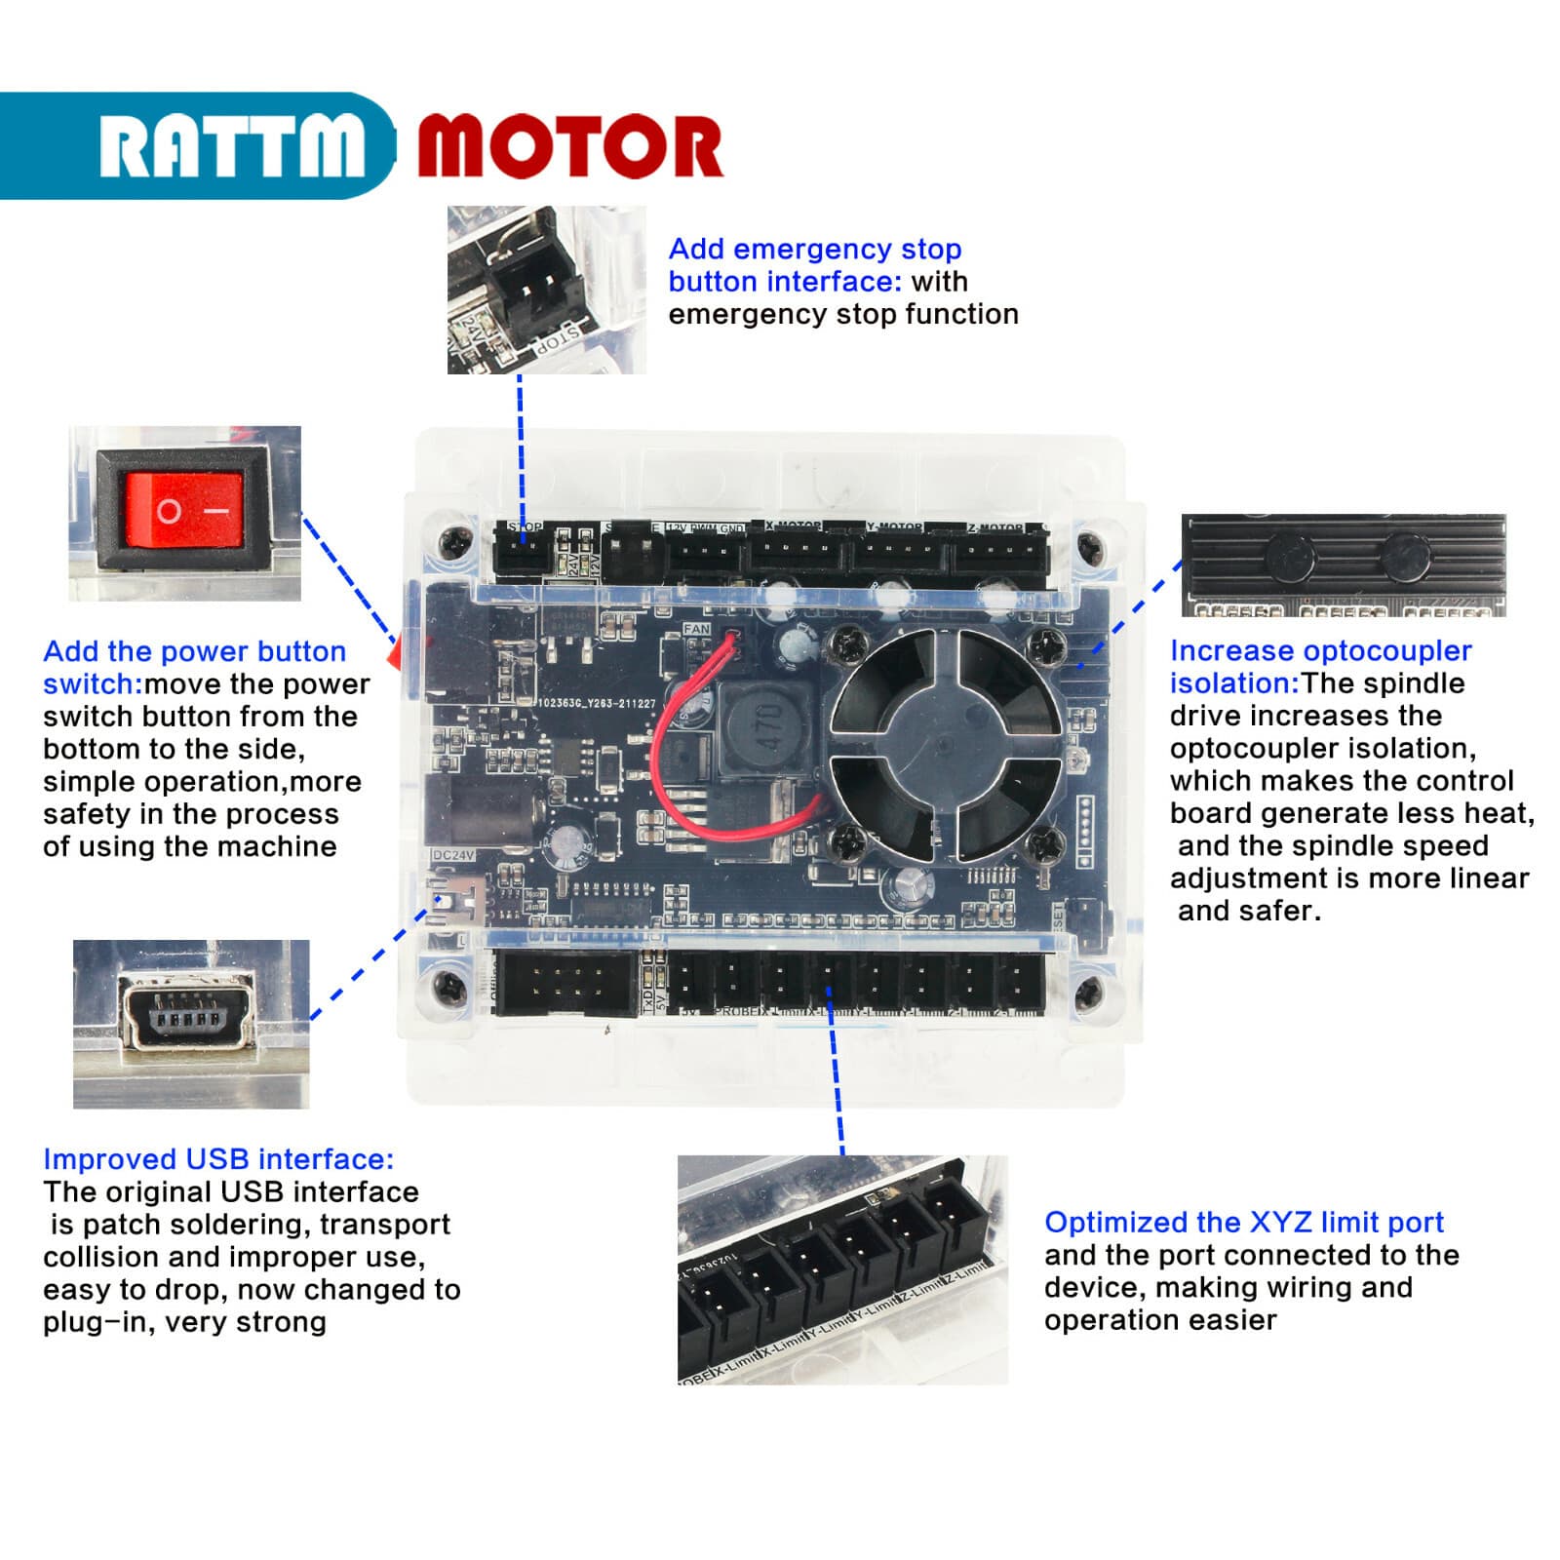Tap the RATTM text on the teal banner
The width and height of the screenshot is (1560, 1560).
click(232, 146)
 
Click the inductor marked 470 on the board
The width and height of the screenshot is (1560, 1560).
click(766, 727)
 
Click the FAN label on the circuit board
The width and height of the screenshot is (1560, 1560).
click(696, 630)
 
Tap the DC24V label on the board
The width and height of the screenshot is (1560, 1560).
click(452, 855)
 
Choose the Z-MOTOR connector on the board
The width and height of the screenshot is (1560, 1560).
click(997, 554)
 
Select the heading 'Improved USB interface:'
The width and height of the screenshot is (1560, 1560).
click(218, 1159)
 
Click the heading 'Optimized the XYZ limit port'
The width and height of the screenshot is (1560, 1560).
click(1243, 1223)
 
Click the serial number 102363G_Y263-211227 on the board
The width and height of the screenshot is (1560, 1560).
click(597, 704)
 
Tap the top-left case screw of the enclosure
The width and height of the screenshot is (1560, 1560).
click(454, 541)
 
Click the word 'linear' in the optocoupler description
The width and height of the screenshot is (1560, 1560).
click(1488, 878)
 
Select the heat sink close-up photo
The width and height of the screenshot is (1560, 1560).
click(1344, 565)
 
